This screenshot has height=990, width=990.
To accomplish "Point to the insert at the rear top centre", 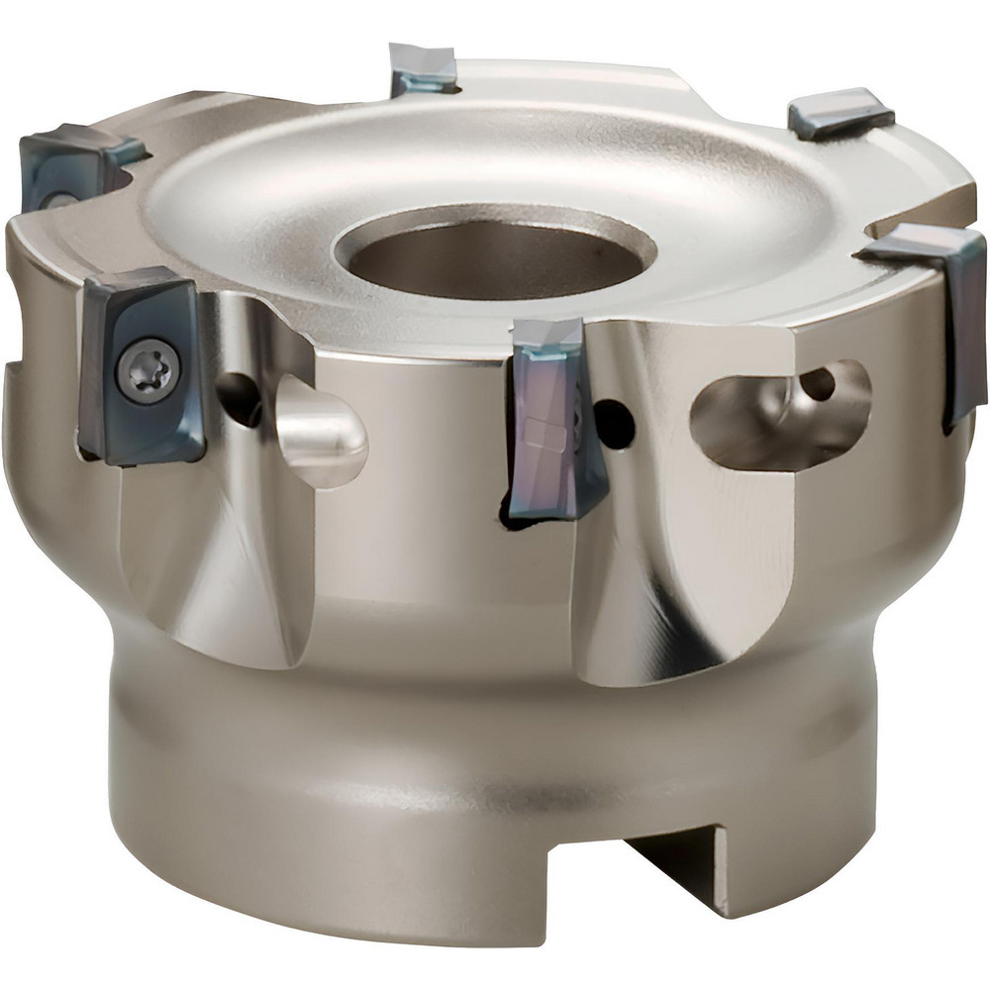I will [424, 69].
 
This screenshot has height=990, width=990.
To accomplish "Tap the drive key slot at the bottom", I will [683, 871].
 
